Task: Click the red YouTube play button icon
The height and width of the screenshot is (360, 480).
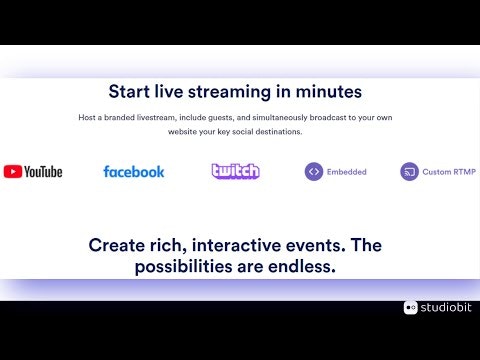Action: tap(13, 172)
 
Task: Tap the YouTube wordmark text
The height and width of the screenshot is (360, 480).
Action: tap(43, 172)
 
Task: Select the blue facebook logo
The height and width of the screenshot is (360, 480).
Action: tap(134, 172)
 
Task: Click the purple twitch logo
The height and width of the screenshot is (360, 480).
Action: tap(236, 171)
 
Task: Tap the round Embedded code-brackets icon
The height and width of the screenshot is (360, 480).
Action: tap(314, 172)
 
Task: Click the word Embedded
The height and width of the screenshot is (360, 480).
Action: tap(347, 172)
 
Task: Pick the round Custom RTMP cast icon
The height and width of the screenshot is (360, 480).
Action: tap(409, 172)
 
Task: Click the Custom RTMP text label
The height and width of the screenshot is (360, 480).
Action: tap(449, 172)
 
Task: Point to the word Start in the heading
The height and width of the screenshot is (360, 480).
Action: tap(129, 92)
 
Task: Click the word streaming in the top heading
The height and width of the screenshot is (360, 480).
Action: tap(230, 92)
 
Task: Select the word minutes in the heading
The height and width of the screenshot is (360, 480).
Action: tap(329, 92)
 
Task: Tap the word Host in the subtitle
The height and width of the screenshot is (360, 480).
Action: tap(87, 117)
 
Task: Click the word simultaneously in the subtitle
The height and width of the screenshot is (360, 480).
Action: tap(280, 118)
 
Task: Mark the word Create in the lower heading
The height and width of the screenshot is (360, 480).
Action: tap(117, 245)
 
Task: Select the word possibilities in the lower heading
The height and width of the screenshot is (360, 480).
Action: tap(183, 267)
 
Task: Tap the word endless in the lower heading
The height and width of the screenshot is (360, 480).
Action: tap(302, 266)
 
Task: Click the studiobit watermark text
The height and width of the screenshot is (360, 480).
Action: tap(446, 307)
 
